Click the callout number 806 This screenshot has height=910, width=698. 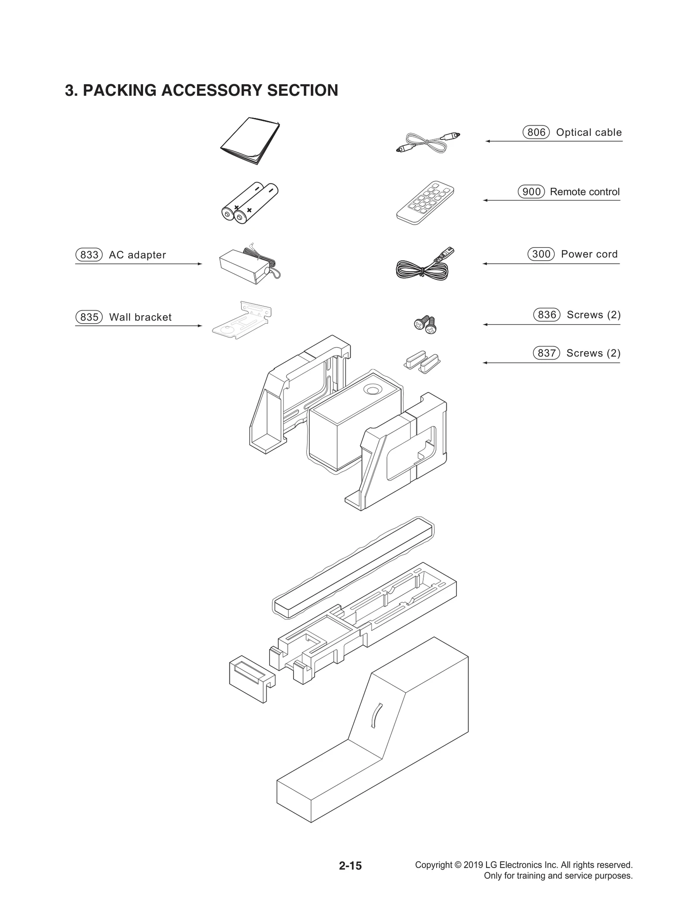coord(536,132)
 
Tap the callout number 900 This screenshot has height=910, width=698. coord(531,192)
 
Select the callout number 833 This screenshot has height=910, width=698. coord(89,255)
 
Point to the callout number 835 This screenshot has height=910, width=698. coord(89,317)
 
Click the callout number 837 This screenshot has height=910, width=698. coord(546,353)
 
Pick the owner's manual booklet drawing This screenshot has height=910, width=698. coord(250,141)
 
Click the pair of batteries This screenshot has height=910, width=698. coord(250,203)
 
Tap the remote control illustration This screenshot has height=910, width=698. coord(425,202)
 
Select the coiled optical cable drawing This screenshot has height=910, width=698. coord(421,143)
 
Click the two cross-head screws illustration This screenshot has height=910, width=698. coord(425,324)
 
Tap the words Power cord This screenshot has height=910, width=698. coord(589,254)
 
